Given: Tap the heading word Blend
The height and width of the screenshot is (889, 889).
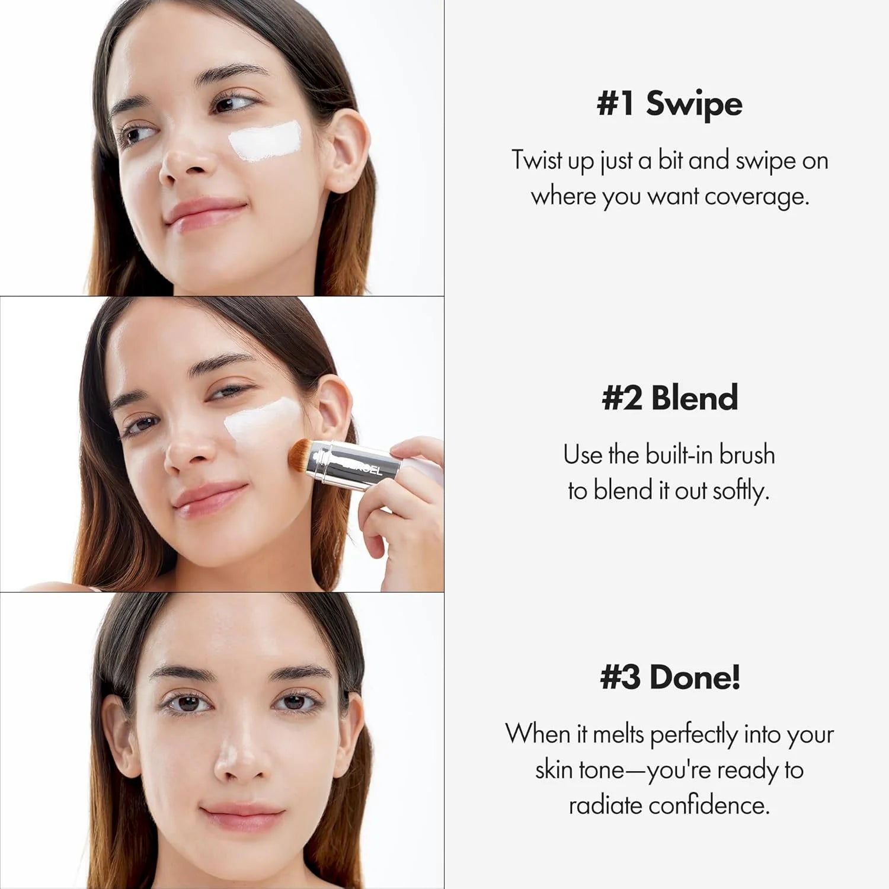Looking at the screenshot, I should (695, 398).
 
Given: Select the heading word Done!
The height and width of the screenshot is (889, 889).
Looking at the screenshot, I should (695, 677).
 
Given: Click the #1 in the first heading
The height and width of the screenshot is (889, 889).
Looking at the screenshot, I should (615, 104).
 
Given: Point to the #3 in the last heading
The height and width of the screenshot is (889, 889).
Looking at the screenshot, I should (620, 677).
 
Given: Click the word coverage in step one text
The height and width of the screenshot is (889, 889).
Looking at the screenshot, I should (756, 197).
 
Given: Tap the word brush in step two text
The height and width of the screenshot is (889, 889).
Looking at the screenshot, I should (747, 455).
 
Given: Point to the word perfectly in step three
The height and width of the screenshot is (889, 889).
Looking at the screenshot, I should (693, 735).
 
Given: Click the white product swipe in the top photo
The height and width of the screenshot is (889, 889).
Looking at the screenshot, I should (264, 141).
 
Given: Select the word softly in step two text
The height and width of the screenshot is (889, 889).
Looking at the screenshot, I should (740, 491).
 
